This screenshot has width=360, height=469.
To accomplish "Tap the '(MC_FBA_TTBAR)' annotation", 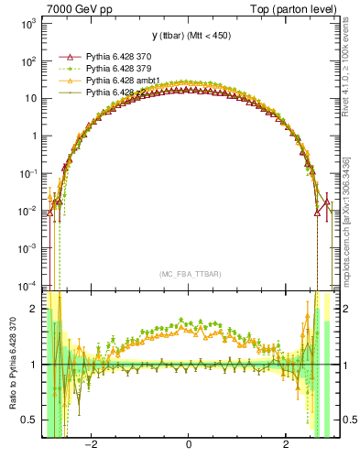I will pos(188,273).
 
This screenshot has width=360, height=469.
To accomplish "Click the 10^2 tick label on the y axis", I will pos(28,61).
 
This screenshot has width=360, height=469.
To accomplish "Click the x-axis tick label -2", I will pos(91,446).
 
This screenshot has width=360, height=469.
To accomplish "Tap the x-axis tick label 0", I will pos(189,446).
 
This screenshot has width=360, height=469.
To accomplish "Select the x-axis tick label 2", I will pos(286,446).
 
